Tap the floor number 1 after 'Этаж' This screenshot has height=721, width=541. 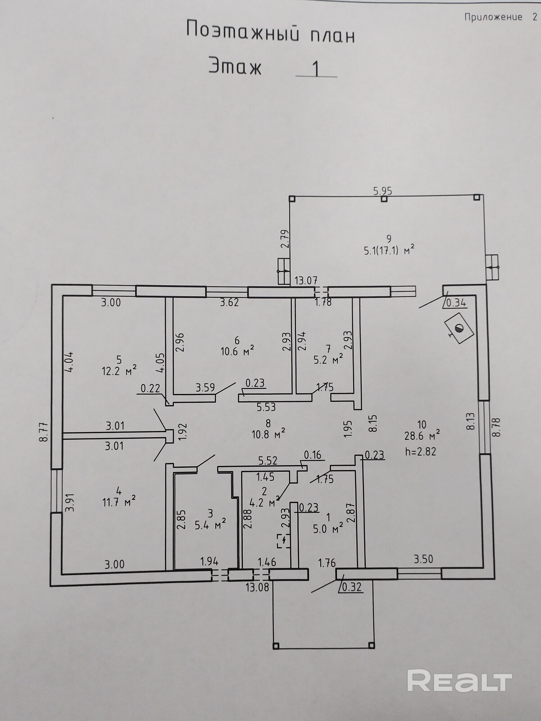click(x=316, y=69)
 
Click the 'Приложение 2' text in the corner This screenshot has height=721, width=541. click(x=500, y=17)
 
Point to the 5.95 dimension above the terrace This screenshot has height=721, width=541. click(x=382, y=191)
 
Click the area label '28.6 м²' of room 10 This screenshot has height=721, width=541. click(x=422, y=436)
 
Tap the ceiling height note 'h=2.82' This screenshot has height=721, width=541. click(x=420, y=451)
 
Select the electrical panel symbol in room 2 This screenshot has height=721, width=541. click(x=283, y=540)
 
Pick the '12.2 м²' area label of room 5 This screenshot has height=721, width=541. click(x=119, y=371)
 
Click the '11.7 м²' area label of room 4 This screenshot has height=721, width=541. click(x=119, y=501)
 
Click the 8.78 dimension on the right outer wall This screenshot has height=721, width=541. click(x=496, y=426)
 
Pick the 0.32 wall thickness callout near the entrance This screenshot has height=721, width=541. click(x=351, y=587)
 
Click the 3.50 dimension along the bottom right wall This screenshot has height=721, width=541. click(x=423, y=559)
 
